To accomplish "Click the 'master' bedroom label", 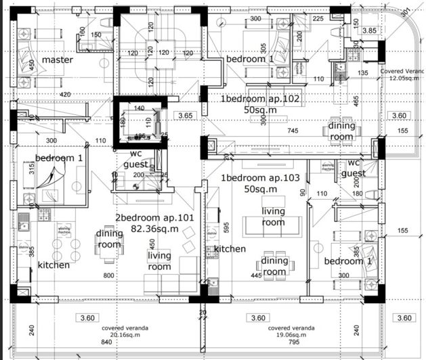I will (58, 60).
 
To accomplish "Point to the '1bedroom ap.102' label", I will (260, 99).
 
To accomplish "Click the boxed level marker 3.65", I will (186, 116).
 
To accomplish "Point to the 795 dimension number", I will (275, 343).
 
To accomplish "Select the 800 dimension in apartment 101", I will (109, 276).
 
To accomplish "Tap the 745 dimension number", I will (293, 131).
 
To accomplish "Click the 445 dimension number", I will (257, 275).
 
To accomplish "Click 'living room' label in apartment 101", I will (160, 261).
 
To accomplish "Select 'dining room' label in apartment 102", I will (341, 131).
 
